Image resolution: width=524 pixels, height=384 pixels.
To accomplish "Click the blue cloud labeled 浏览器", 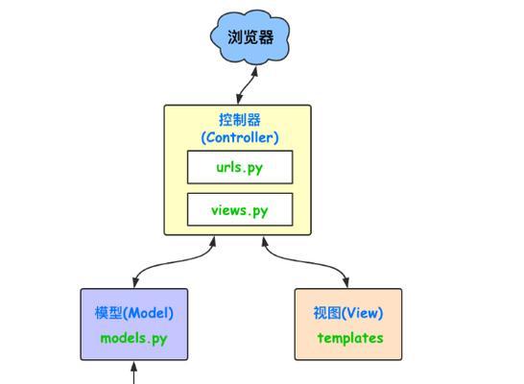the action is point(250,36).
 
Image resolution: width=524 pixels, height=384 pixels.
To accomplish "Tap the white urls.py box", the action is point(240,167).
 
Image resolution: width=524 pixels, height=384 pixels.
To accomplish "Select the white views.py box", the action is point(240,209).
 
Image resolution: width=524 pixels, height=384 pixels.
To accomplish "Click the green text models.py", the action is point(133,339).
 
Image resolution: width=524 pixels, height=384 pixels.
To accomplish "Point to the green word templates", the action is point(350,338).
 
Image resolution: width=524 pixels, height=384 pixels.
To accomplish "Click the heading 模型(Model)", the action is point(134,313).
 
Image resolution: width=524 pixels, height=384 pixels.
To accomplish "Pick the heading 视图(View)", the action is point(347,313).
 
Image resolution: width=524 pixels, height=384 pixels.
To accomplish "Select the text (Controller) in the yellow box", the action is point(240,137).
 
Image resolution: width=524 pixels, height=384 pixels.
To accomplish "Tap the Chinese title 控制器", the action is point(240,120).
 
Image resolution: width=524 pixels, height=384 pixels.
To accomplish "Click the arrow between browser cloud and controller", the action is point(247,85).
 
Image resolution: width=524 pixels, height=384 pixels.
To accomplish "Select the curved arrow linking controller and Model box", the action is point(174,261).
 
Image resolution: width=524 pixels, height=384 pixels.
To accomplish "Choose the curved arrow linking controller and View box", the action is point(306,261).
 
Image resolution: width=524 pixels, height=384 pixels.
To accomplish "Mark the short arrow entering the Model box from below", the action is point(134,372).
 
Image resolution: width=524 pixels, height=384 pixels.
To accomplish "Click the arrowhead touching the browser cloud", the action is point(254,71).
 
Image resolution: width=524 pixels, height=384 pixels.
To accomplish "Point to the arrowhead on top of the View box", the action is point(345,282).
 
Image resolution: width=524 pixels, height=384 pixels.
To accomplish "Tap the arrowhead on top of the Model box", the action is point(135,282).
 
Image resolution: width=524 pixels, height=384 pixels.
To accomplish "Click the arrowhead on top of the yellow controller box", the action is point(239,99).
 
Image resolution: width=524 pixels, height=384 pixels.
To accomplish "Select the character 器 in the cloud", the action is point(266,37).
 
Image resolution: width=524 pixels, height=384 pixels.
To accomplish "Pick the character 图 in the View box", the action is point(334,313).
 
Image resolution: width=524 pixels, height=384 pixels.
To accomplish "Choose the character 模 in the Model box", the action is point(102,313).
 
